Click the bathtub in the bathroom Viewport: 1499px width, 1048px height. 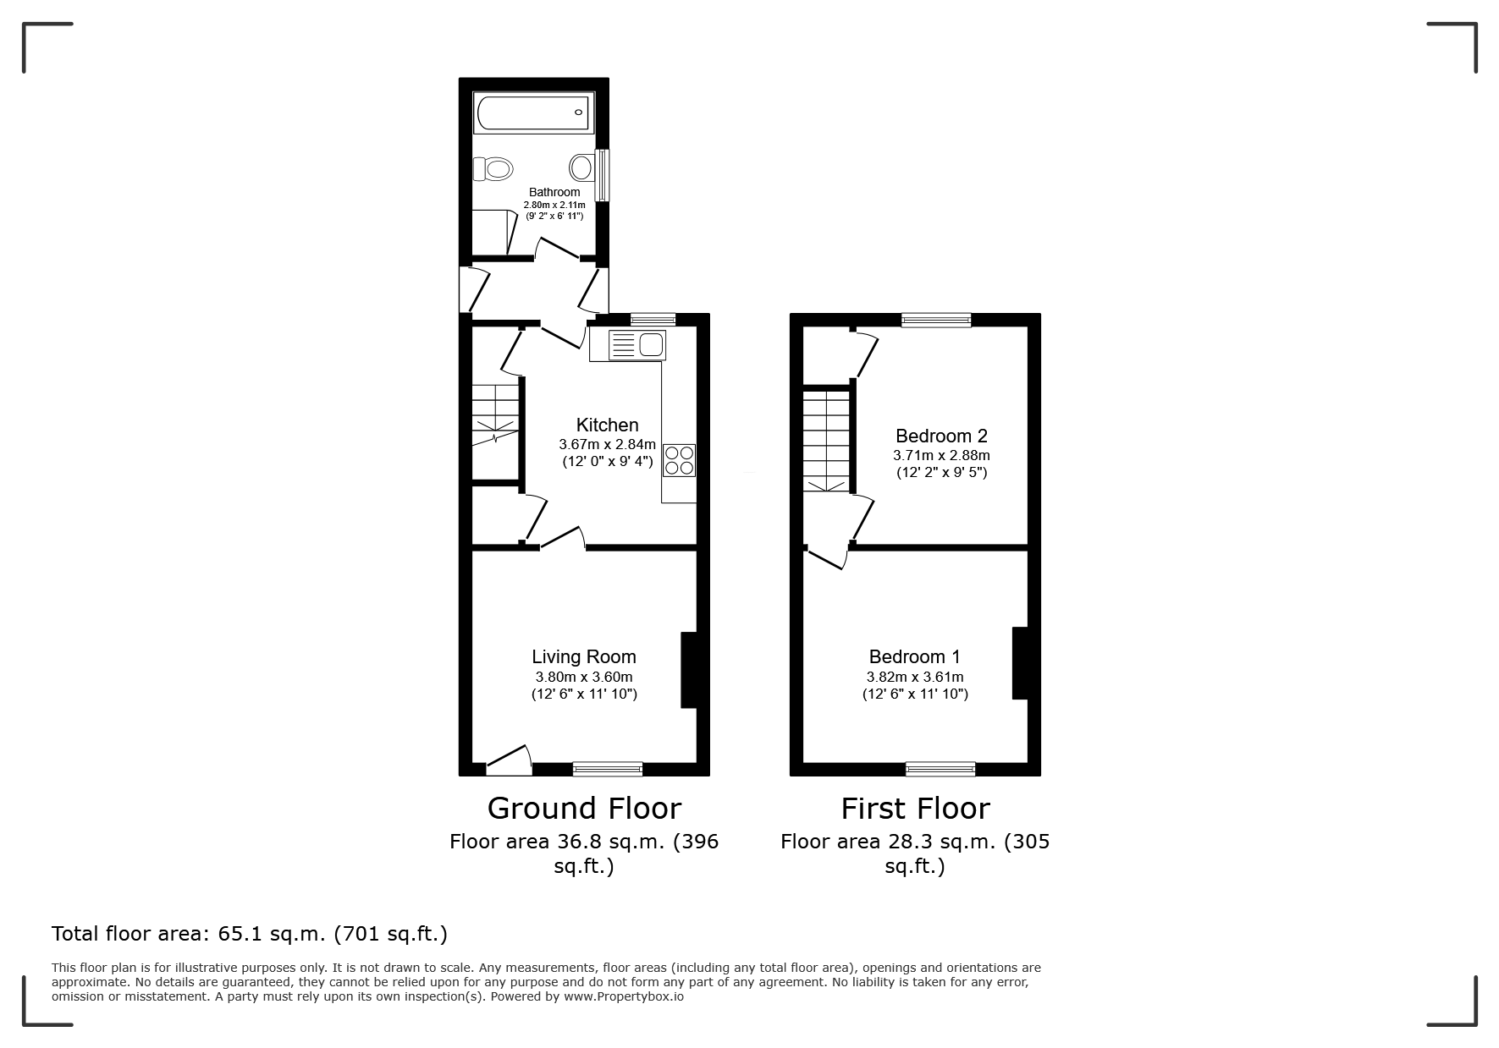(x=533, y=112)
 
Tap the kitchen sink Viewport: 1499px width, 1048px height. (x=637, y=345)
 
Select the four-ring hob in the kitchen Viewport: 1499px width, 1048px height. (x=680, y=459)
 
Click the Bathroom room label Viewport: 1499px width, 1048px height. (x=554, y=192)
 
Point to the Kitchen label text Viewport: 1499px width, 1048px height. (x=607, y=425)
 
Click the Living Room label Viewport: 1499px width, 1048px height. (x=584, y=656)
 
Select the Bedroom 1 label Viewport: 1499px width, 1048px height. (x=915, y=656)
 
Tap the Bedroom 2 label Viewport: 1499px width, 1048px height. (x=941, y=436)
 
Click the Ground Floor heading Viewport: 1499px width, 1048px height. (x=584, y=809)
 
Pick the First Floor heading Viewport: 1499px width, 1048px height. (x=915, y=809)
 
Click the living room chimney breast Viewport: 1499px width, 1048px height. (x=689, y=669)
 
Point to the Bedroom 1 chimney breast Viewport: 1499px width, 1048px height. (x=1020, y=663)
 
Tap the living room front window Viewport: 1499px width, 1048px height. (x=608, y=769)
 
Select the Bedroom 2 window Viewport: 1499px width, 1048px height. (x=936, y=320)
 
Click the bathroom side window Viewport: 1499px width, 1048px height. (x=602, y=175)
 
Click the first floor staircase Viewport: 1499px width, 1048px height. (x=826, y=440)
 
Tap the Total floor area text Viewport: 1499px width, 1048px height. (x=250, y=934)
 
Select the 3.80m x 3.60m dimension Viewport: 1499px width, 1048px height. (x=584, y=677)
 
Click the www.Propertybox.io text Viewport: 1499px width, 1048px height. (x=624, y=996)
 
